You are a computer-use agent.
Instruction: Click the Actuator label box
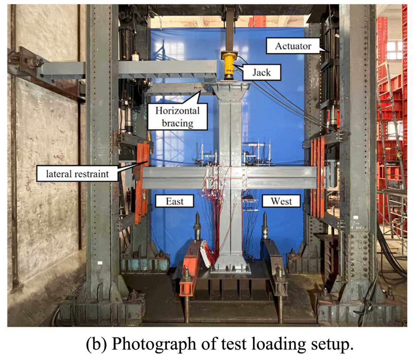293,46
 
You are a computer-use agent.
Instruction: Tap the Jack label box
261,72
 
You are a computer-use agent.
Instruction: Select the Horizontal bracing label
177,117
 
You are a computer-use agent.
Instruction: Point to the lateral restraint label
77,174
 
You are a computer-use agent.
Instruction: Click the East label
174,201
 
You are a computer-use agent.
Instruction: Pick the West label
281,201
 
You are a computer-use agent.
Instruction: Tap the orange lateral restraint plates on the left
142,183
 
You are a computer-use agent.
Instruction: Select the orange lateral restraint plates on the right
317,177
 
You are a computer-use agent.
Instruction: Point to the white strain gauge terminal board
206,254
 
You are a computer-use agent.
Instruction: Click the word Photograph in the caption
154,344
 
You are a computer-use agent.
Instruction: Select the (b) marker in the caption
97,344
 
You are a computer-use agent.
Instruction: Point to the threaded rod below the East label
197,226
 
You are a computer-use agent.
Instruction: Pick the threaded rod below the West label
265,226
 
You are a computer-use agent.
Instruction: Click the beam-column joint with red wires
230,177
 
